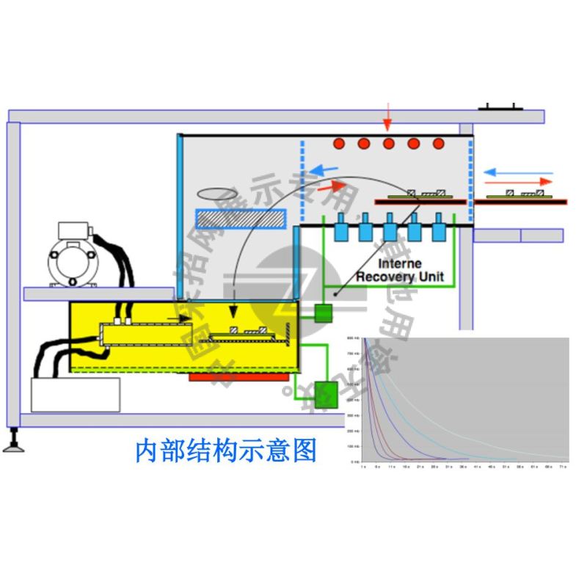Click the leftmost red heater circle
click(339, 143)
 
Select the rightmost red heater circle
click(439, 143)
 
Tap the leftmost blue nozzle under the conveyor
click(341, 230)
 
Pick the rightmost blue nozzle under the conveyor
click(439, 230)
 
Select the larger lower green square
click(325, 395)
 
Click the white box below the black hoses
click(76, 395)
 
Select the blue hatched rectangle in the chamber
click(239, 218)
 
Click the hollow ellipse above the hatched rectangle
click(218, 193)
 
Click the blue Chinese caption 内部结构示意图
click(226, 451)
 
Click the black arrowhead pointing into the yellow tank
click(234, 313)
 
